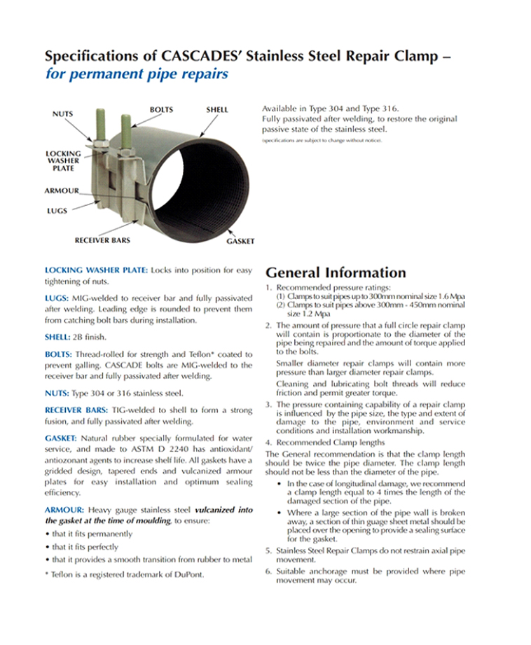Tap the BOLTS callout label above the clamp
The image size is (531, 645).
tap(161, 110)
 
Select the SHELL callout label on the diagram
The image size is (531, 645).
tap(216, 110)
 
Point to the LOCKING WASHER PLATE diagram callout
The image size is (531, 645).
tap(63, 160)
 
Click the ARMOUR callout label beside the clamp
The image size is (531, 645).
tap(61, 190)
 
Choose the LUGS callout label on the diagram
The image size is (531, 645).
tap(55, 210)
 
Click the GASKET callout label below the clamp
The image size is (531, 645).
tap(240, 242)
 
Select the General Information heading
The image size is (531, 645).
tap(336, 272)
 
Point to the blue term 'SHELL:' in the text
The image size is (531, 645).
tap(57, 337)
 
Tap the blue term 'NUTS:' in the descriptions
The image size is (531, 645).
tap(57, 393)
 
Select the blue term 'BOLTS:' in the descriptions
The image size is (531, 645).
tap(58, 354)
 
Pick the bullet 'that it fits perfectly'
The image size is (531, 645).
tap(81, 547)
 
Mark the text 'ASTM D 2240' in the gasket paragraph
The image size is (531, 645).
tap(184, 449)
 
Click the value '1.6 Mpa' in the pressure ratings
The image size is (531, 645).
tap(451, 297)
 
